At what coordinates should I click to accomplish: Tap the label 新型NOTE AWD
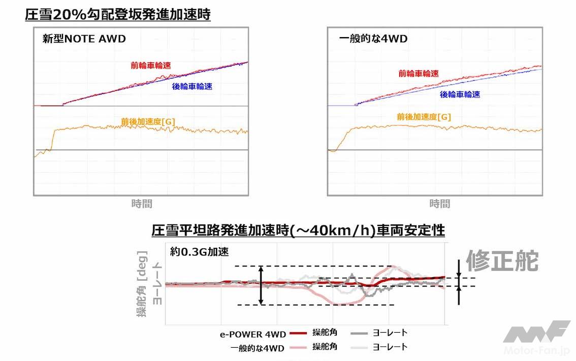pos(84,39)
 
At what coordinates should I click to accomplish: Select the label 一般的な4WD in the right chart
pos(373,39)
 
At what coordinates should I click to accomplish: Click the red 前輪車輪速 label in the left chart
pos(150,65)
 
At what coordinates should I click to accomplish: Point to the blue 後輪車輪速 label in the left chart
pos(192,87)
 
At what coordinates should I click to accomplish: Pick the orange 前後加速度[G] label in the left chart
pos(148,122)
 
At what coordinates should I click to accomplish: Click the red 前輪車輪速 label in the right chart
pos(419,74)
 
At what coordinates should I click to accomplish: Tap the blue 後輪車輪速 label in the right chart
pos(460,94)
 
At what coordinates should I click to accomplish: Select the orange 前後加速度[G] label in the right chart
pos(424,117)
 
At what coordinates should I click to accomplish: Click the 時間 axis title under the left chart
pos(142,204)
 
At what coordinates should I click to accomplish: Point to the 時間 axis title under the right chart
pos(439,204)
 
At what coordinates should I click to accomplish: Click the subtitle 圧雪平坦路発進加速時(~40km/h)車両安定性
pos(298,231)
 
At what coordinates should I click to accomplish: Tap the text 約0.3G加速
pos(195,251)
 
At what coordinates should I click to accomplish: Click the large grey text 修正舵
pos(501,261)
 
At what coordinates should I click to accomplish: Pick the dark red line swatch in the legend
pos(298,334)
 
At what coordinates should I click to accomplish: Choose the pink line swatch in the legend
pos(298,347)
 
